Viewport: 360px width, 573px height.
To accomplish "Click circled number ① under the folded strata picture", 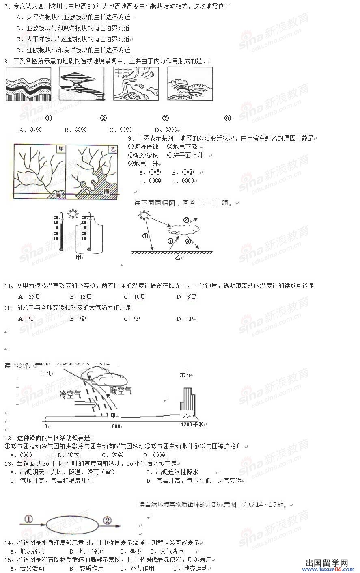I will [49, 118].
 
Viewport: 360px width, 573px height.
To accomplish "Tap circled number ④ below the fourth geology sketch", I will [227, 118].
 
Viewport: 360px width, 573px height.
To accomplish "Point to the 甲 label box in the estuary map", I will [61, 149].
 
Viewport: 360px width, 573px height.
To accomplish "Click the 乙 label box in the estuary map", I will [113, 149].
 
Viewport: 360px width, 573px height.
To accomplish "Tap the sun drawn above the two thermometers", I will [73, 213].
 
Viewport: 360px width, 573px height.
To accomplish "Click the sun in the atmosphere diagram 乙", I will [143, 214].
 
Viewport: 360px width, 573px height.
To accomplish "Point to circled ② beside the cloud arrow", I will [186, 220].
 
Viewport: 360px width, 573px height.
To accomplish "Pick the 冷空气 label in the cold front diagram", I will [70, 394].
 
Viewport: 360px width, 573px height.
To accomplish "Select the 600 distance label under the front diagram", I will [116, 426].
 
